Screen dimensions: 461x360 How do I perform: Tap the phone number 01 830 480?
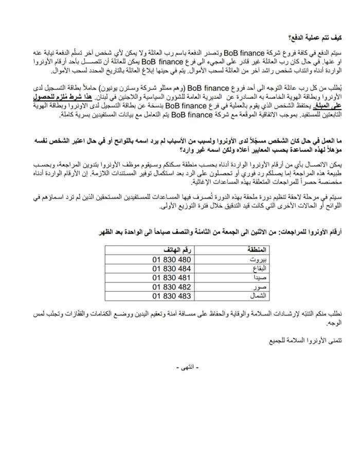(172, 259)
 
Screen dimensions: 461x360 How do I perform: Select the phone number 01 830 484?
(172, 269)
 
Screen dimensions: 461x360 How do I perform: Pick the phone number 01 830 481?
(172, 278)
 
